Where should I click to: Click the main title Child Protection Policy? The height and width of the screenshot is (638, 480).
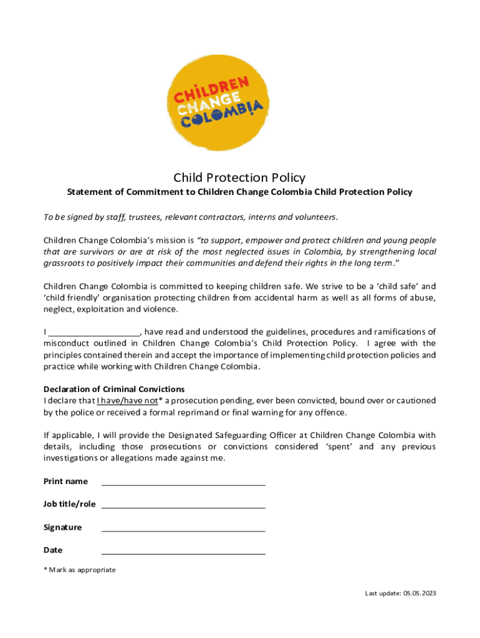click(x=239, y=178)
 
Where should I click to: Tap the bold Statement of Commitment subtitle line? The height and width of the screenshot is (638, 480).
click(x=239, y=192)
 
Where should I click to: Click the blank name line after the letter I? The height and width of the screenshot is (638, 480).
click(x=94, y=331)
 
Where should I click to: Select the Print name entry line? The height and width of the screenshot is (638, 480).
click(x=183, y=482)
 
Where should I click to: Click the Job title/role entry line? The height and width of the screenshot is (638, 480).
click(x=183, y=505)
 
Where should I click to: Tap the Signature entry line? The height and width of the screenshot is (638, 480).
click(x=183, y=528)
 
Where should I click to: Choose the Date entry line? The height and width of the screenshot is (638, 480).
click(x=183, y=551)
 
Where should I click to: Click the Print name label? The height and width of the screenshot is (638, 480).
click(x=65, y=482)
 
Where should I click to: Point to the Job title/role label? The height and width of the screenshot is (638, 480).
click(x=69, y=504)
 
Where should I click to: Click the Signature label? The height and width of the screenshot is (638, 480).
click(x=62, y=528)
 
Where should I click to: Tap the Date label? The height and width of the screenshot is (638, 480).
click(x=53, y=550)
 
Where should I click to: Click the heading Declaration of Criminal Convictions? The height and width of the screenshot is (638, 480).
click(x=113, y=389)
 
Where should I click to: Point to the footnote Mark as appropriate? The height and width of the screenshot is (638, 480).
click(x=81, y=570)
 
